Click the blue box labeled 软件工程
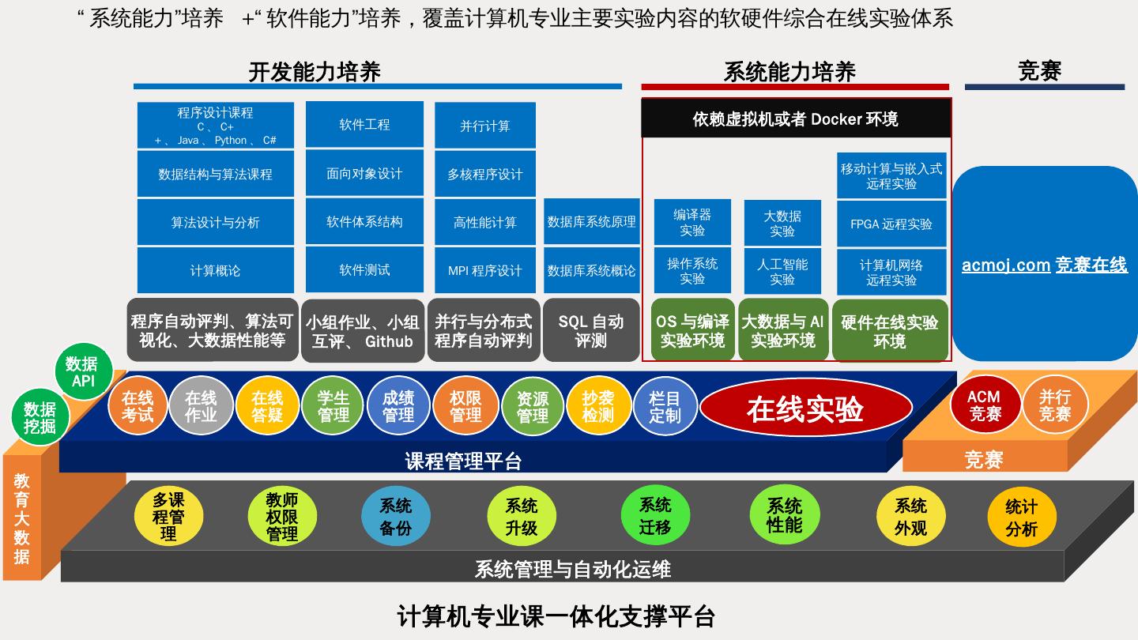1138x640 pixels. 364,124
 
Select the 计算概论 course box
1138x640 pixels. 215,270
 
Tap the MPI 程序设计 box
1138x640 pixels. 484,270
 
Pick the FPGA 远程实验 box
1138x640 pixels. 891,224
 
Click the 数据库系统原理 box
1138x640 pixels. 591,222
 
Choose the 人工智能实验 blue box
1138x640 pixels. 782,271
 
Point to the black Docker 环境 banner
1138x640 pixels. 796,119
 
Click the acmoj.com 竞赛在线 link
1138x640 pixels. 1044,265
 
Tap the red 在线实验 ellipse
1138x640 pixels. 805,409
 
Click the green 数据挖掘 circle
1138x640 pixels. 40,417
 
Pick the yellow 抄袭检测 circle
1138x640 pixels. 597,406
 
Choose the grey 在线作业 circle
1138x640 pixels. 201,406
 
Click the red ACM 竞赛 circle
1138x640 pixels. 984,405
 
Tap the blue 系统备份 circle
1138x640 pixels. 395,517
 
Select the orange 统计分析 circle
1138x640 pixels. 1021,518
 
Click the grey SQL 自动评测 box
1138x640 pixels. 591,331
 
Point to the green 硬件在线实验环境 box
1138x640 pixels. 890,331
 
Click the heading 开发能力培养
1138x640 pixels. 315,72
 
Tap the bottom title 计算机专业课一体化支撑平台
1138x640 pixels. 556,616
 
